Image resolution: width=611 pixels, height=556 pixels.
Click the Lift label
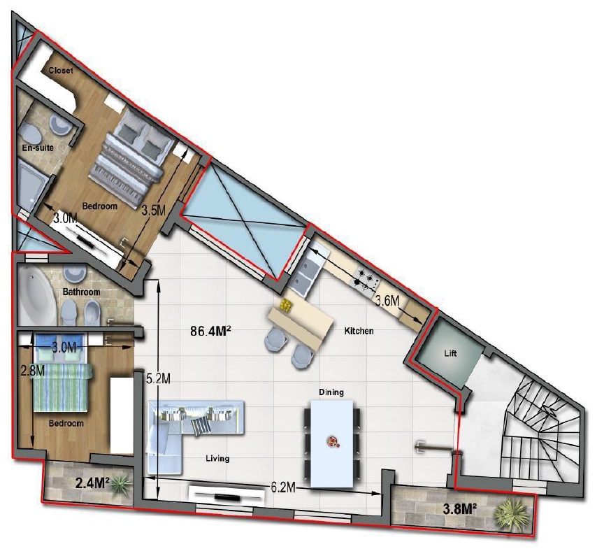[x=450, y=354]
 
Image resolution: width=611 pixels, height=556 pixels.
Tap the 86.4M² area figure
[x=211, y=332]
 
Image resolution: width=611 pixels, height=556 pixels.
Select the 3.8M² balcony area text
[x=461, y=508]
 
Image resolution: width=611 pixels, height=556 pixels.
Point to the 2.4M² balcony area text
[x=92, y=483]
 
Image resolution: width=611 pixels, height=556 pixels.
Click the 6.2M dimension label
[x=283, y=487]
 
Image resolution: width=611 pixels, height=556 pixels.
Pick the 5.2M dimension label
[x=158, y=378]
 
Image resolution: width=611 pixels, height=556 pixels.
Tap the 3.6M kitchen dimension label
[x=387, y=300]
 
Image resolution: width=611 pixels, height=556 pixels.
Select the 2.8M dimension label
[x=33, y=371]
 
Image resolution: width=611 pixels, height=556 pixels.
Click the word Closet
[x=61, y=71]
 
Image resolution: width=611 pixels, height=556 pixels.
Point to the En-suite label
[x=38, y=148]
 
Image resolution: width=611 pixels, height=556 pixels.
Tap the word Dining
[x=331, y=392]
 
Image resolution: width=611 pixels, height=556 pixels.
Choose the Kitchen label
[x=359, y=331]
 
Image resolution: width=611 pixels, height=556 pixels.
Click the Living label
[x=217, y=459]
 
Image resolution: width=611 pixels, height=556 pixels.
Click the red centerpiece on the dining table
[x=332, y=442]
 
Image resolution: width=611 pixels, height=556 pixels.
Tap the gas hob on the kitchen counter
[x=365, y=279]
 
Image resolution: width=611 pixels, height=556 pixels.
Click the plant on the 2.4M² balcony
[x=121, y=485]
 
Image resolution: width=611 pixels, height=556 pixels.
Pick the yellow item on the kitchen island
[x=286, y=306]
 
